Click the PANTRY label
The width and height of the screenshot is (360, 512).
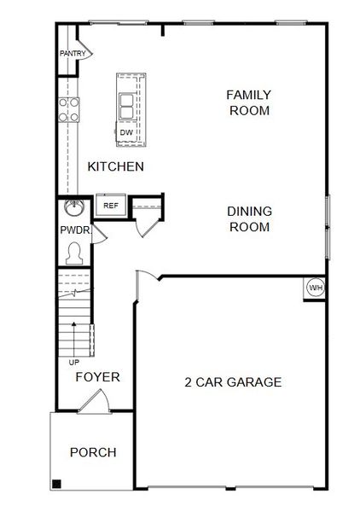tap(73, 54)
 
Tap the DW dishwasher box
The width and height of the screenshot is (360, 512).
tap(125, 132)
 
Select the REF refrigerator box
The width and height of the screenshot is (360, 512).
tap(111, 206)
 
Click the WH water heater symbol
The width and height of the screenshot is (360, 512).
tap(316, 288)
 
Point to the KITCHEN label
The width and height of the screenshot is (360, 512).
tap(115, 166)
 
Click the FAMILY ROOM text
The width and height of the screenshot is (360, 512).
tap(249, 102)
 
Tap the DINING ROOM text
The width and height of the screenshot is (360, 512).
tap(249, 219)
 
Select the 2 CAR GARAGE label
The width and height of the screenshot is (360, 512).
tap(233, 381)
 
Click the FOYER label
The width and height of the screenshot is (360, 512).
tap(97, 376)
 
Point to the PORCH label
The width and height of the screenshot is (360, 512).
tap(93, 452)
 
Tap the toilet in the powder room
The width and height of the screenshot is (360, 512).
tap(74, 253)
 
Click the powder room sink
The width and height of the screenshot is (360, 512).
tap(73, 207)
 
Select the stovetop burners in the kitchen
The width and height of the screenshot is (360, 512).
tap(69, 109)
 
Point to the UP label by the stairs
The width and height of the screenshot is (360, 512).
tap(73, 362)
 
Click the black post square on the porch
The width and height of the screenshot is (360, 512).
tap(57, 485)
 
